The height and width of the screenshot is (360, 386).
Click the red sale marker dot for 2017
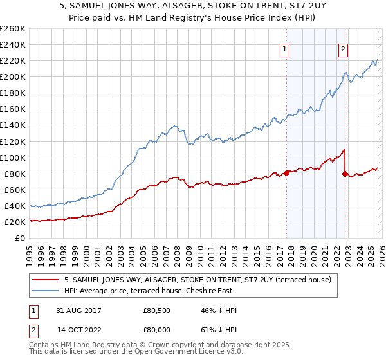tap(286, 173)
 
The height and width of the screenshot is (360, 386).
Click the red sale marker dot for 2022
tap(345, 173)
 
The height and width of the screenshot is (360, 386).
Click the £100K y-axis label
tap(12, 157)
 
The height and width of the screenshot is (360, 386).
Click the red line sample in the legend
tap(45, 280)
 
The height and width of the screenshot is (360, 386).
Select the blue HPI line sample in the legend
tap(45, 291)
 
